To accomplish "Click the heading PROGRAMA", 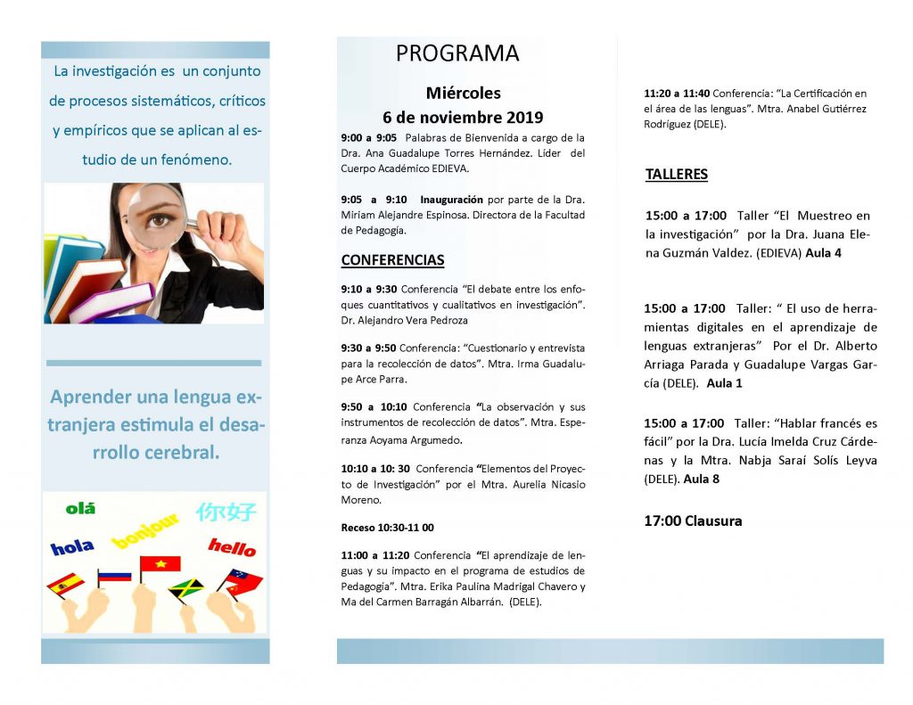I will coord(457,53).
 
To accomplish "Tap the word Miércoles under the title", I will coord(463,93).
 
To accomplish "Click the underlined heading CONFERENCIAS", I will coord(392,260).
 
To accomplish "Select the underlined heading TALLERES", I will coord(676,175).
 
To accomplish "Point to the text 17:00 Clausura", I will coord(693,521).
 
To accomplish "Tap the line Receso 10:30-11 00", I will coord(388,528).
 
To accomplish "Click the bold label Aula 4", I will coord(824,253).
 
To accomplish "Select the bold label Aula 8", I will coord(702,480).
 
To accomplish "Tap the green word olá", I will coord(80,509).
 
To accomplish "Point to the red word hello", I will coord(231,546).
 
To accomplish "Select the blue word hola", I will coord(72,548).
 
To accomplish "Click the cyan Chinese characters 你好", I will coord(226,512).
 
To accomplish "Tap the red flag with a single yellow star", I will coord(160,564).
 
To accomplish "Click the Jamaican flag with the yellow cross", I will coord(185,588).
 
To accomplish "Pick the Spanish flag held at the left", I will coord(65,585).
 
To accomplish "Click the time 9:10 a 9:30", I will coord(369,289).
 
